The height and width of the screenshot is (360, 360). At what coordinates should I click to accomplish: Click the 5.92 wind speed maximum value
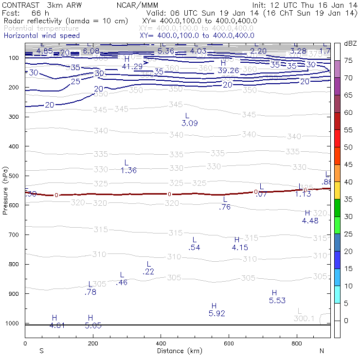(x=216, y=314)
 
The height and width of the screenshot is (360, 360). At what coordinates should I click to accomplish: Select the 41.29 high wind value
(x=132, y=67)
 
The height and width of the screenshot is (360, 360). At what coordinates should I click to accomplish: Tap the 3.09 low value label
(x=190, y=124)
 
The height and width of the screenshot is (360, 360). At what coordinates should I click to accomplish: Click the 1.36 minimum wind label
(x=128, y=170)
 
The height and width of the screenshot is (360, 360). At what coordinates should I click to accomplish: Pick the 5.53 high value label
(x=277, y=301)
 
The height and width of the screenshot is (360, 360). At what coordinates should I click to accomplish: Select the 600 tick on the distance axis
(x=229, y=343)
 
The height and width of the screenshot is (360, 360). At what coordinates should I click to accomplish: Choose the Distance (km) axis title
(x=177, y=351)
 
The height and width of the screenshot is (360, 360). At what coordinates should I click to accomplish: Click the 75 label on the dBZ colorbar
(x=349, y=61)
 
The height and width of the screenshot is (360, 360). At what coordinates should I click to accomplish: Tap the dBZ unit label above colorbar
(x=350, y=43)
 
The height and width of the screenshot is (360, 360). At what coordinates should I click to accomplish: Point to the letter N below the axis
(x=322, y=351)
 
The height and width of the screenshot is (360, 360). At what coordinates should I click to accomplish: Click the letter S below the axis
(x=41, y=351)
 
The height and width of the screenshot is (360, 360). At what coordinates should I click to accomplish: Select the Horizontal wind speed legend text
(x=42, y=36)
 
